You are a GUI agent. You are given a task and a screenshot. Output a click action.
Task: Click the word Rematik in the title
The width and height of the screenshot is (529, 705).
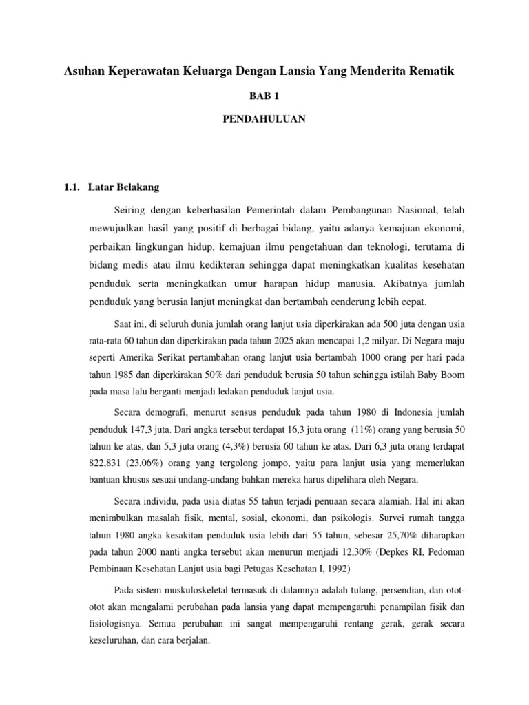(431, 71)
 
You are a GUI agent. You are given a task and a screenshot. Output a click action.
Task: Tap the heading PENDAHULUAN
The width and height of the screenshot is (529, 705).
(264, 119)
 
